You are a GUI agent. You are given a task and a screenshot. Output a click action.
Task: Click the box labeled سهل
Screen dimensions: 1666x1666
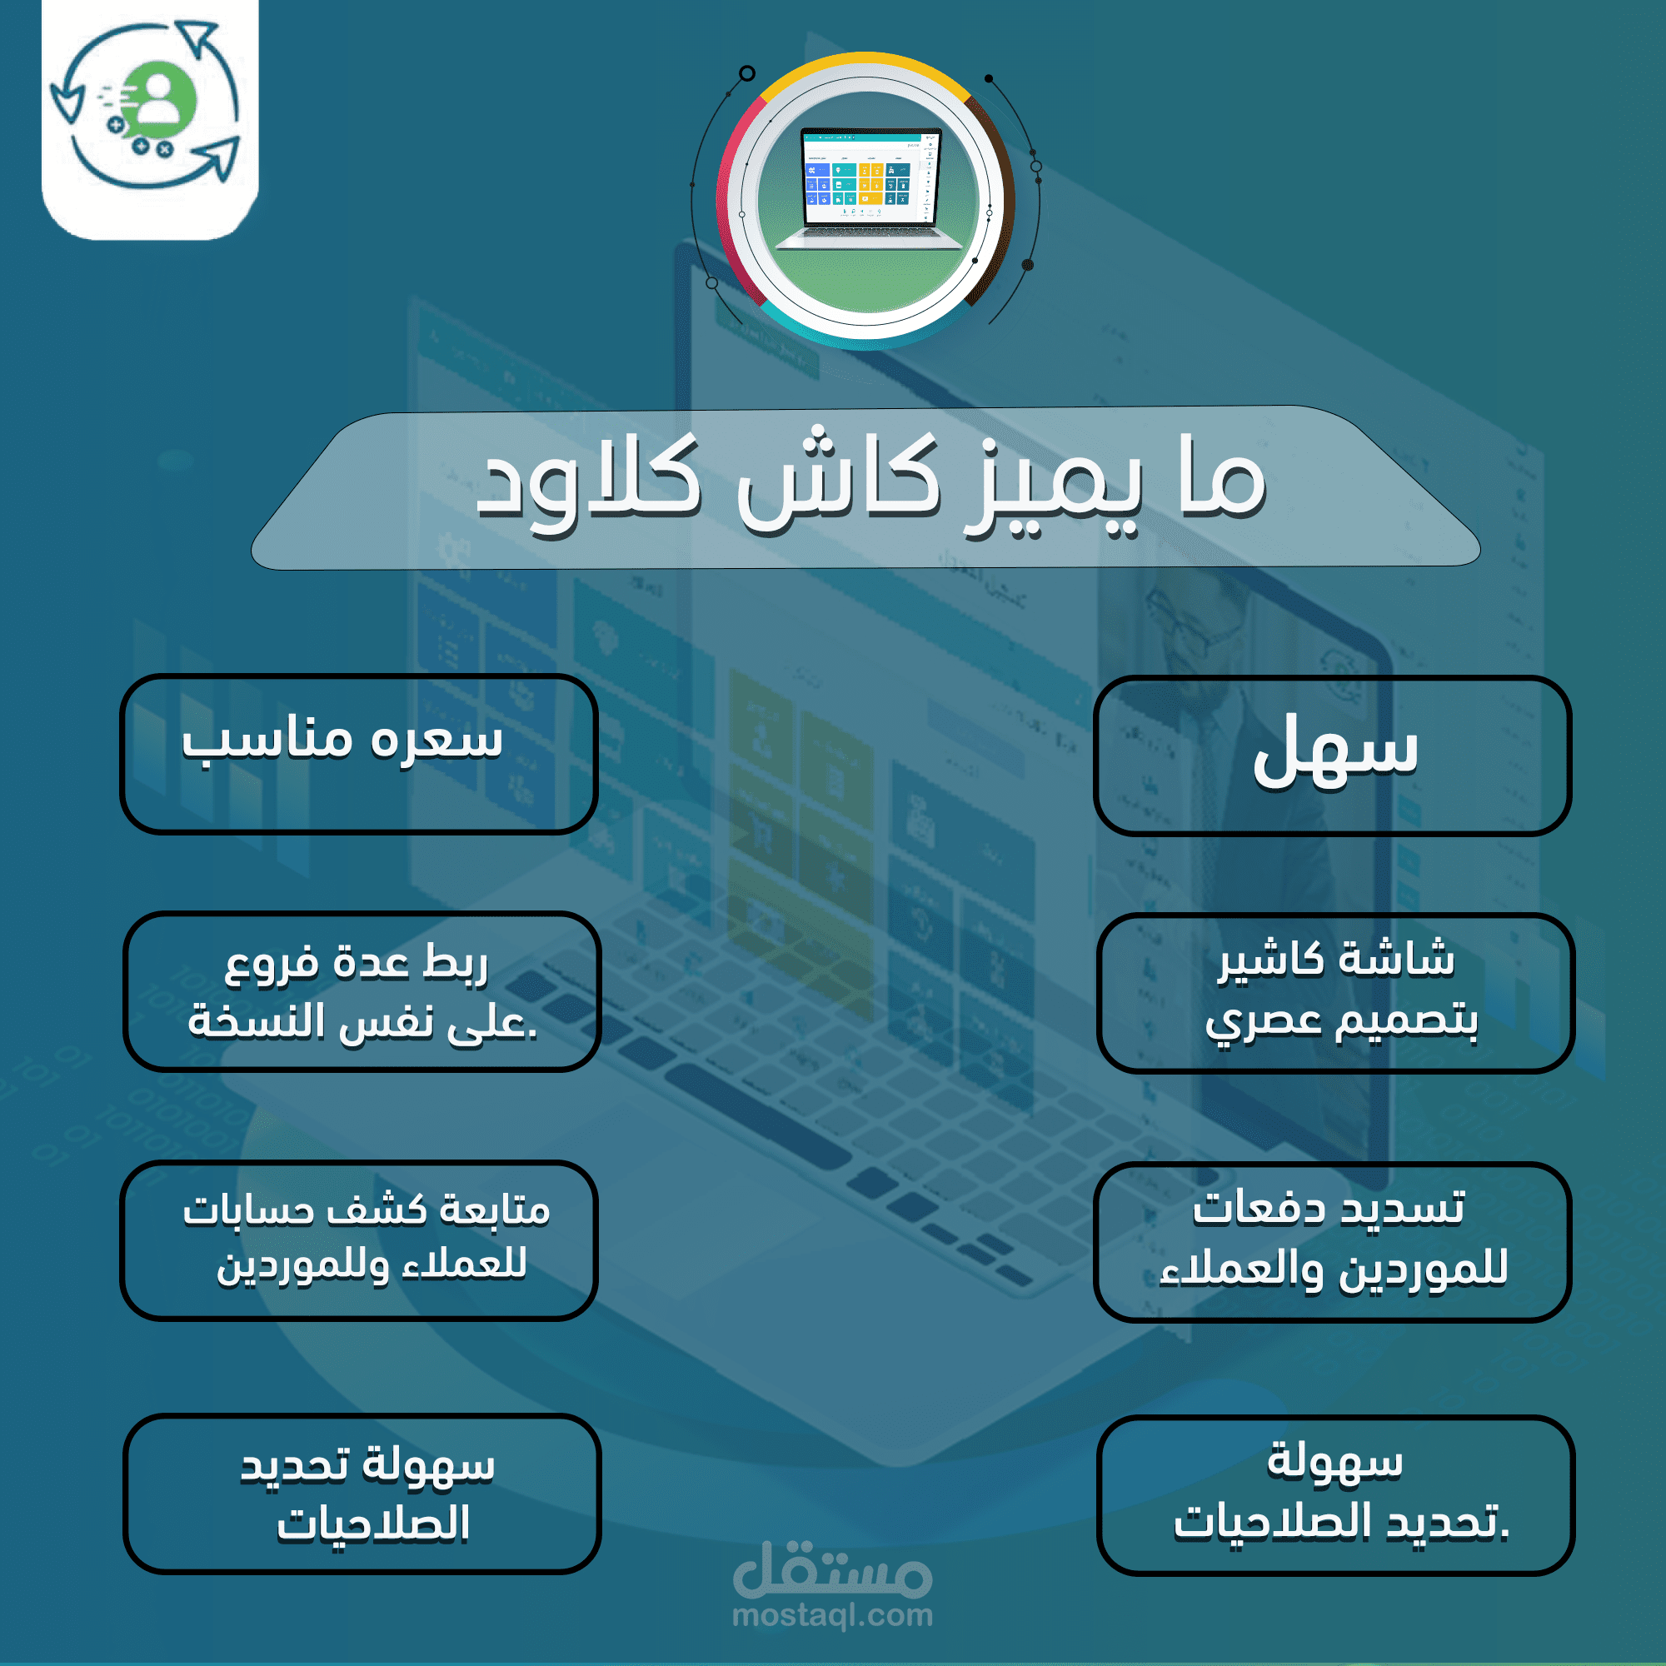1332,756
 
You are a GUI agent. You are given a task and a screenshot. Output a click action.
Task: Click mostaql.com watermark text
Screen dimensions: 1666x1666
832,1614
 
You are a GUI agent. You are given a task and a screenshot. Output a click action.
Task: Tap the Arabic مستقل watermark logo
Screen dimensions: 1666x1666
832,1569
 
